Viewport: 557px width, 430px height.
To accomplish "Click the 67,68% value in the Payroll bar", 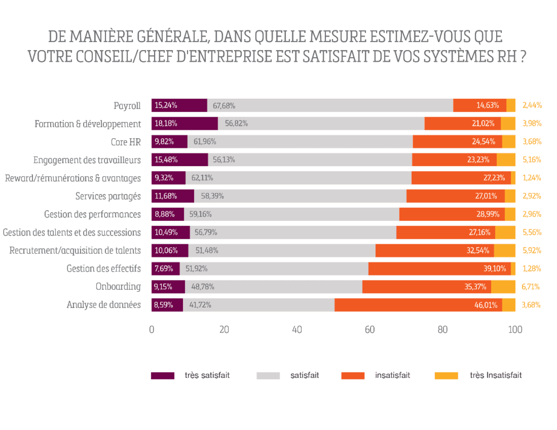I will click(224, 106).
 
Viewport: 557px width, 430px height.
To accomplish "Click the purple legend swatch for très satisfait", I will click(162, 376).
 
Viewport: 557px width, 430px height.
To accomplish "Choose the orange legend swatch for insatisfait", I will click(352, 376).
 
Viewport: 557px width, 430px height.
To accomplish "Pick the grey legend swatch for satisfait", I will click(268, 376).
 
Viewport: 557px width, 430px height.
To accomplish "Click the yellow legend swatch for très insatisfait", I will click(447, 376).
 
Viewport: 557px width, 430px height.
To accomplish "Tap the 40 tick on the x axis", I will click(297, 330).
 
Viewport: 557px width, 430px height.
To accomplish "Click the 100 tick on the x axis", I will click(515, 330).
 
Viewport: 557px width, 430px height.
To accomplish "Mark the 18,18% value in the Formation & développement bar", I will click(166, 124).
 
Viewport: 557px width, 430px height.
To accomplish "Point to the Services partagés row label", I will click(108, 196).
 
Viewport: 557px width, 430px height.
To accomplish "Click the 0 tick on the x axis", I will click(152, 330).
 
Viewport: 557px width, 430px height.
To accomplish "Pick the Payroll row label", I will click(127, 106).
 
